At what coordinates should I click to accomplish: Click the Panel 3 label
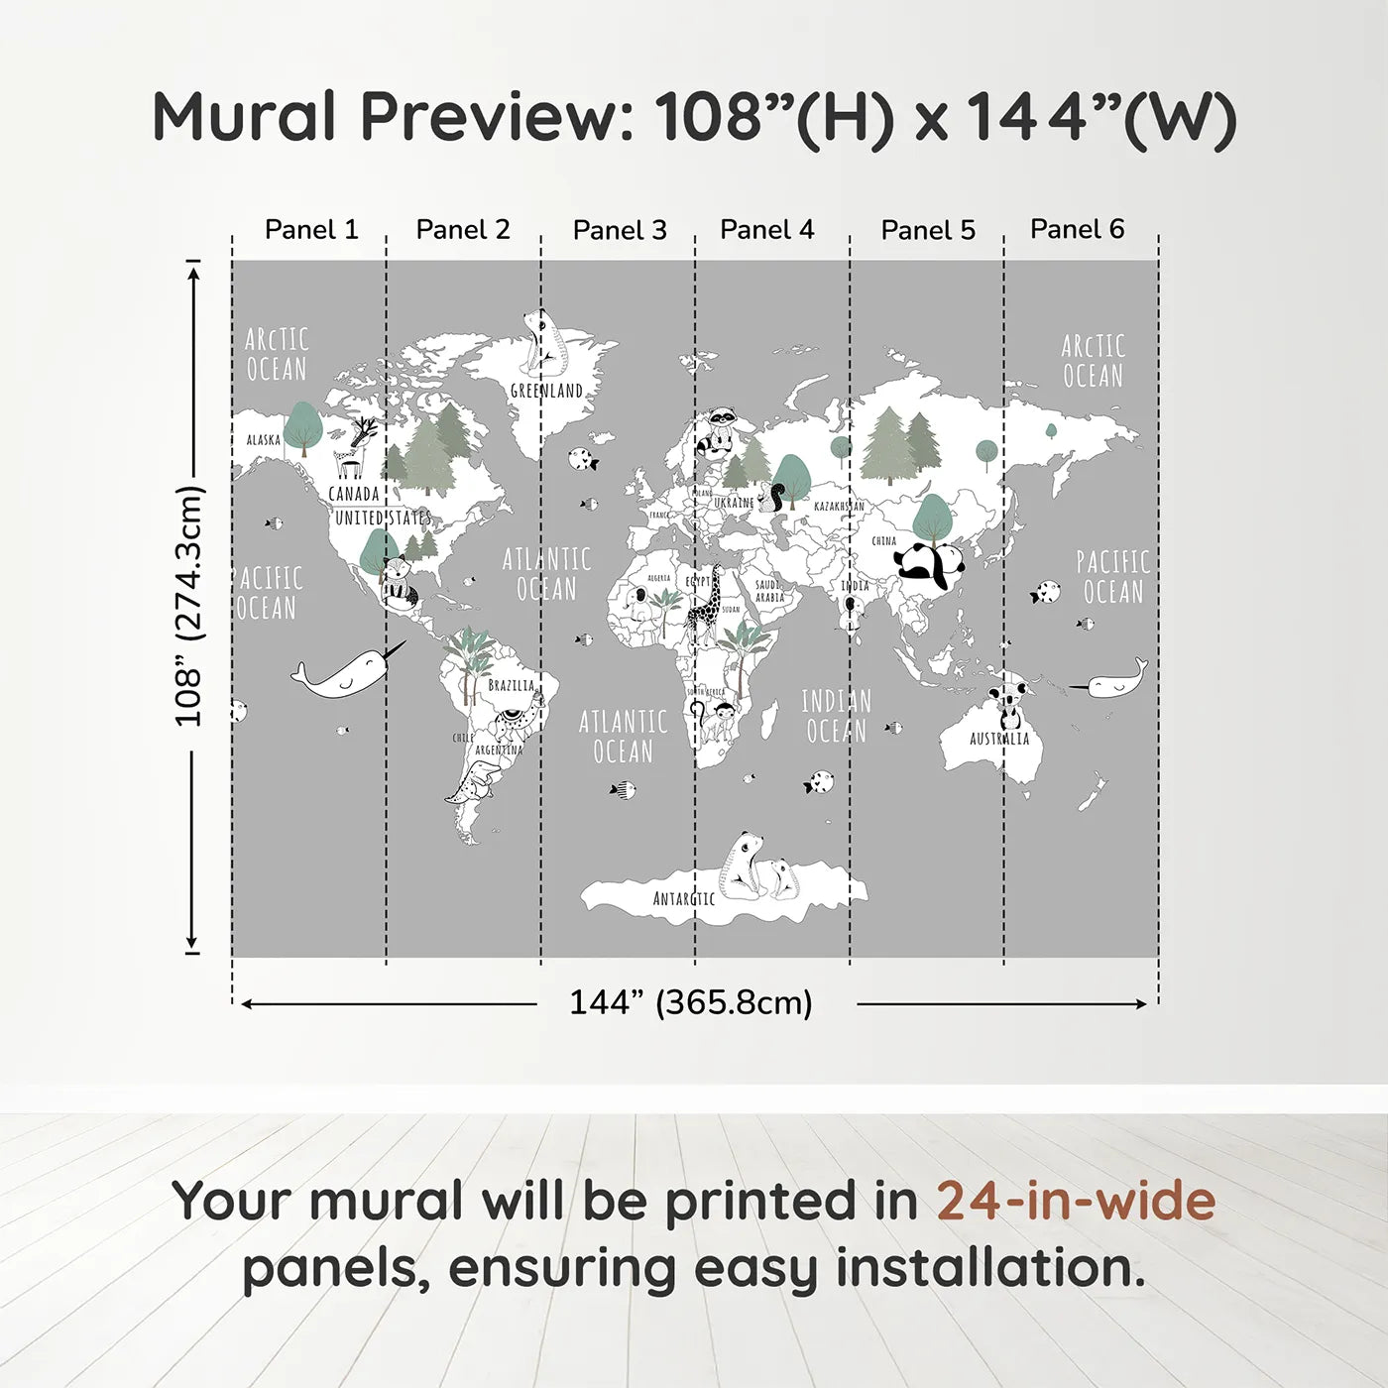tap(620, 230)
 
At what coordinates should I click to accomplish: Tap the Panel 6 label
tap(1077, 229)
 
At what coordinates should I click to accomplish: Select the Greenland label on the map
tap(546, 391)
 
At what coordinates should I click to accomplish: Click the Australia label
tap(999, 739)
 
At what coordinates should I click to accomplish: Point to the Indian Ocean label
tap(836, 716)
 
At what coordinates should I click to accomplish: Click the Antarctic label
tap(683, 898)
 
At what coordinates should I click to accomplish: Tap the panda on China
tap(929, 566)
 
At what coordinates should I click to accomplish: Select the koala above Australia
tap(1010, 699)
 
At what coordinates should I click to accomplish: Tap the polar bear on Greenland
tap(543, 342)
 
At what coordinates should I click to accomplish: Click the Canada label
tap(354, 494)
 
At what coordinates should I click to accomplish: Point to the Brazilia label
tap(511, 685)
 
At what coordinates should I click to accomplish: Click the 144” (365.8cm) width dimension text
tap(690, 1002)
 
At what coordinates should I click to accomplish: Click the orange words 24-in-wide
tap(1076, 1201)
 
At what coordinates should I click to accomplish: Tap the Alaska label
tap(263, 439)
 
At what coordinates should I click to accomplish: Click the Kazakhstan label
tap(839, 507)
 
